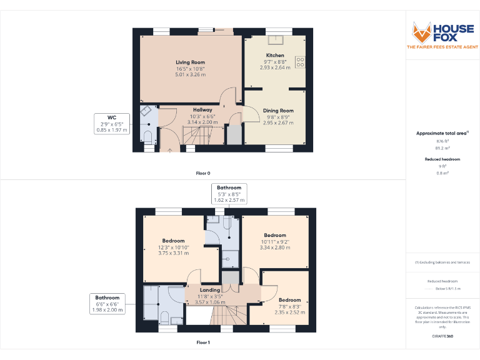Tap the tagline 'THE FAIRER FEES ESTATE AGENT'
pos(442,47)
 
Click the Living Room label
pos(190,62)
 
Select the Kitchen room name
pos(275,56)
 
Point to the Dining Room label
pos(278,111)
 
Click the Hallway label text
pos(202,110)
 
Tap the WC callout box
pos(112,124)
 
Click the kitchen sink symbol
pos(275,40)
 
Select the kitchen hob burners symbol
pos(300,62)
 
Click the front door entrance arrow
pos(169,149)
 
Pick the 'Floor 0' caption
pos(203,172)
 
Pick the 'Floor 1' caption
pos(203,342)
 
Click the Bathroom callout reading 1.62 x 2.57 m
pos(229,194)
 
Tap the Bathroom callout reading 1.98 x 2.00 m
pos(107,303)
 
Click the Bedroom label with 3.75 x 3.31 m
pos(174,241)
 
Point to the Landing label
pos(209,290)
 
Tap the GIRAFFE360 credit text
pos(442,337)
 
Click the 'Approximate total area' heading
pos(441,133)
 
